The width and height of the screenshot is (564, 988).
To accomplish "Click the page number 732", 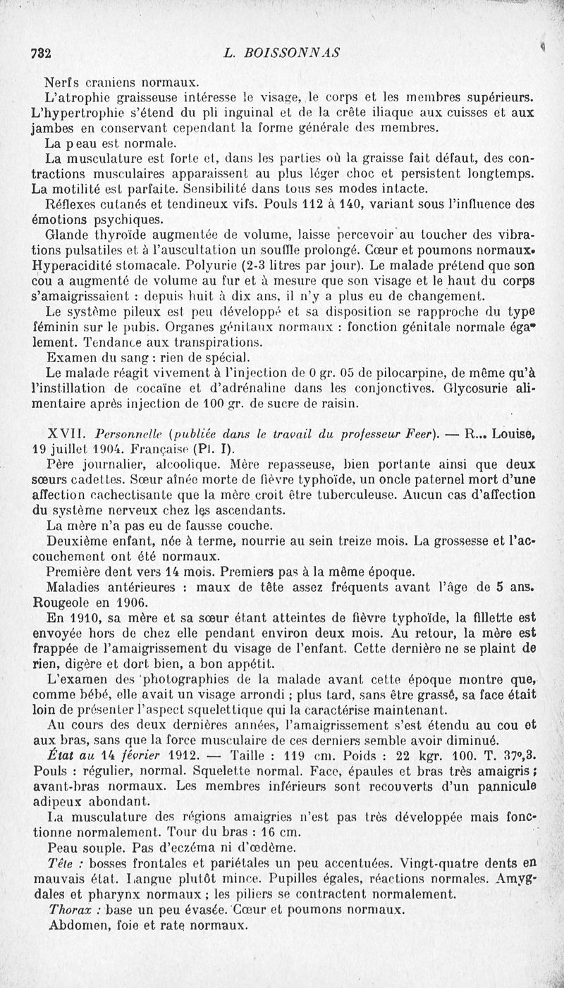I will click(x=44, y=53).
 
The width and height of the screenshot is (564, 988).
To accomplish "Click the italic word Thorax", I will click(x=69, y=910).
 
